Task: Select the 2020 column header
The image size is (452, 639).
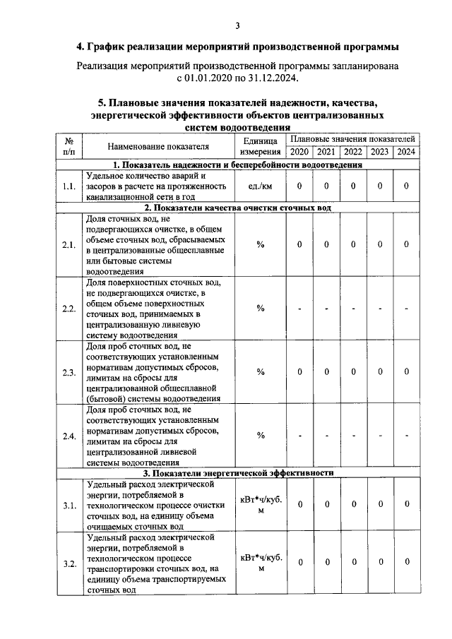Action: click(x=299, y=152)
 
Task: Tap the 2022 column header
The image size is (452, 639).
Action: click(x=352, y=152)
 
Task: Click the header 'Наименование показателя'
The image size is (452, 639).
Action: click(x=158, y=146)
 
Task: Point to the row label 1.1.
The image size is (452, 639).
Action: click(x=69, y=186)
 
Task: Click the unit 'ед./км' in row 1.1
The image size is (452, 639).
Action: click(x=261, y=186)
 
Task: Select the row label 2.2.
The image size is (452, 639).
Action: click(x=69, y=309)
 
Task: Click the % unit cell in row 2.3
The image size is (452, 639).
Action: click(x=261, y=371)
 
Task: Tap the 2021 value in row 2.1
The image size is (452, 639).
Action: click(x=326, y=244)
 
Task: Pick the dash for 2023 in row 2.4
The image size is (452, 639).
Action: click(x=379, y=435)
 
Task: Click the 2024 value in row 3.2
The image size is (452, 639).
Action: click(x=406, y=562)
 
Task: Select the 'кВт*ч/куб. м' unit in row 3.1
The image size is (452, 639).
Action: click(x=261, y=504)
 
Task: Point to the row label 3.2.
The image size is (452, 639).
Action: click(x=69, y=563)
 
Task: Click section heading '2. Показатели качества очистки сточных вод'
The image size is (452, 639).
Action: click(x=237, y=208)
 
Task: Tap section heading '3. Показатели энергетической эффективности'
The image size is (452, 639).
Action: click(x=237, y=472)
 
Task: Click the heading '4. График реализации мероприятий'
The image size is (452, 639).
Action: click(x=237, y=47)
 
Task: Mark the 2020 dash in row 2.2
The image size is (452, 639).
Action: click(x=299, y=309)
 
